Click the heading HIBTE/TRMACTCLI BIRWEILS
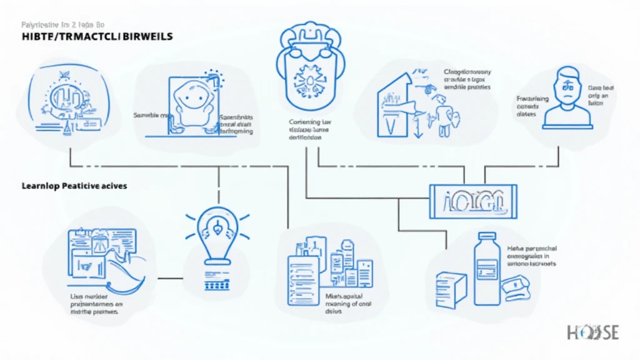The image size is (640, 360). click(x=88, y=37)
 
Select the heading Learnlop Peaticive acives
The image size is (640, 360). click(x=74, y=186)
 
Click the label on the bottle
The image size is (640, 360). click(x=484, y=269)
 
